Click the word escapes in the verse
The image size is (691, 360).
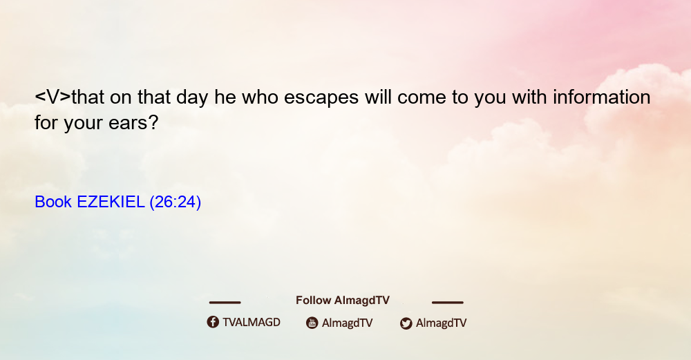321,98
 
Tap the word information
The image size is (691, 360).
602,97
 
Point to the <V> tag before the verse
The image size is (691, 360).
53,97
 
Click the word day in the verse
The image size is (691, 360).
192,98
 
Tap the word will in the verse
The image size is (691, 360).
378,97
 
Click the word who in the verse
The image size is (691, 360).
260,97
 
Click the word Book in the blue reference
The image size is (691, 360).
53,202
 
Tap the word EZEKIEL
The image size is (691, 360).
111,202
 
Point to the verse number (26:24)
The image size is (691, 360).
176,202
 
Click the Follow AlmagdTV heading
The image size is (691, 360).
343,300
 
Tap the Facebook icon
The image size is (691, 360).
213,322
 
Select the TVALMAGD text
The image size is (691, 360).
252,322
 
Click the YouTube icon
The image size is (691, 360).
312,323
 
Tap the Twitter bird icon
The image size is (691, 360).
406,323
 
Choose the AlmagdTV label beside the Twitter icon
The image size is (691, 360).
441,323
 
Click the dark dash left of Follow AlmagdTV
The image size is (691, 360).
225,302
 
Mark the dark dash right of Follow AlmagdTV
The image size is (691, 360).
448,302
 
